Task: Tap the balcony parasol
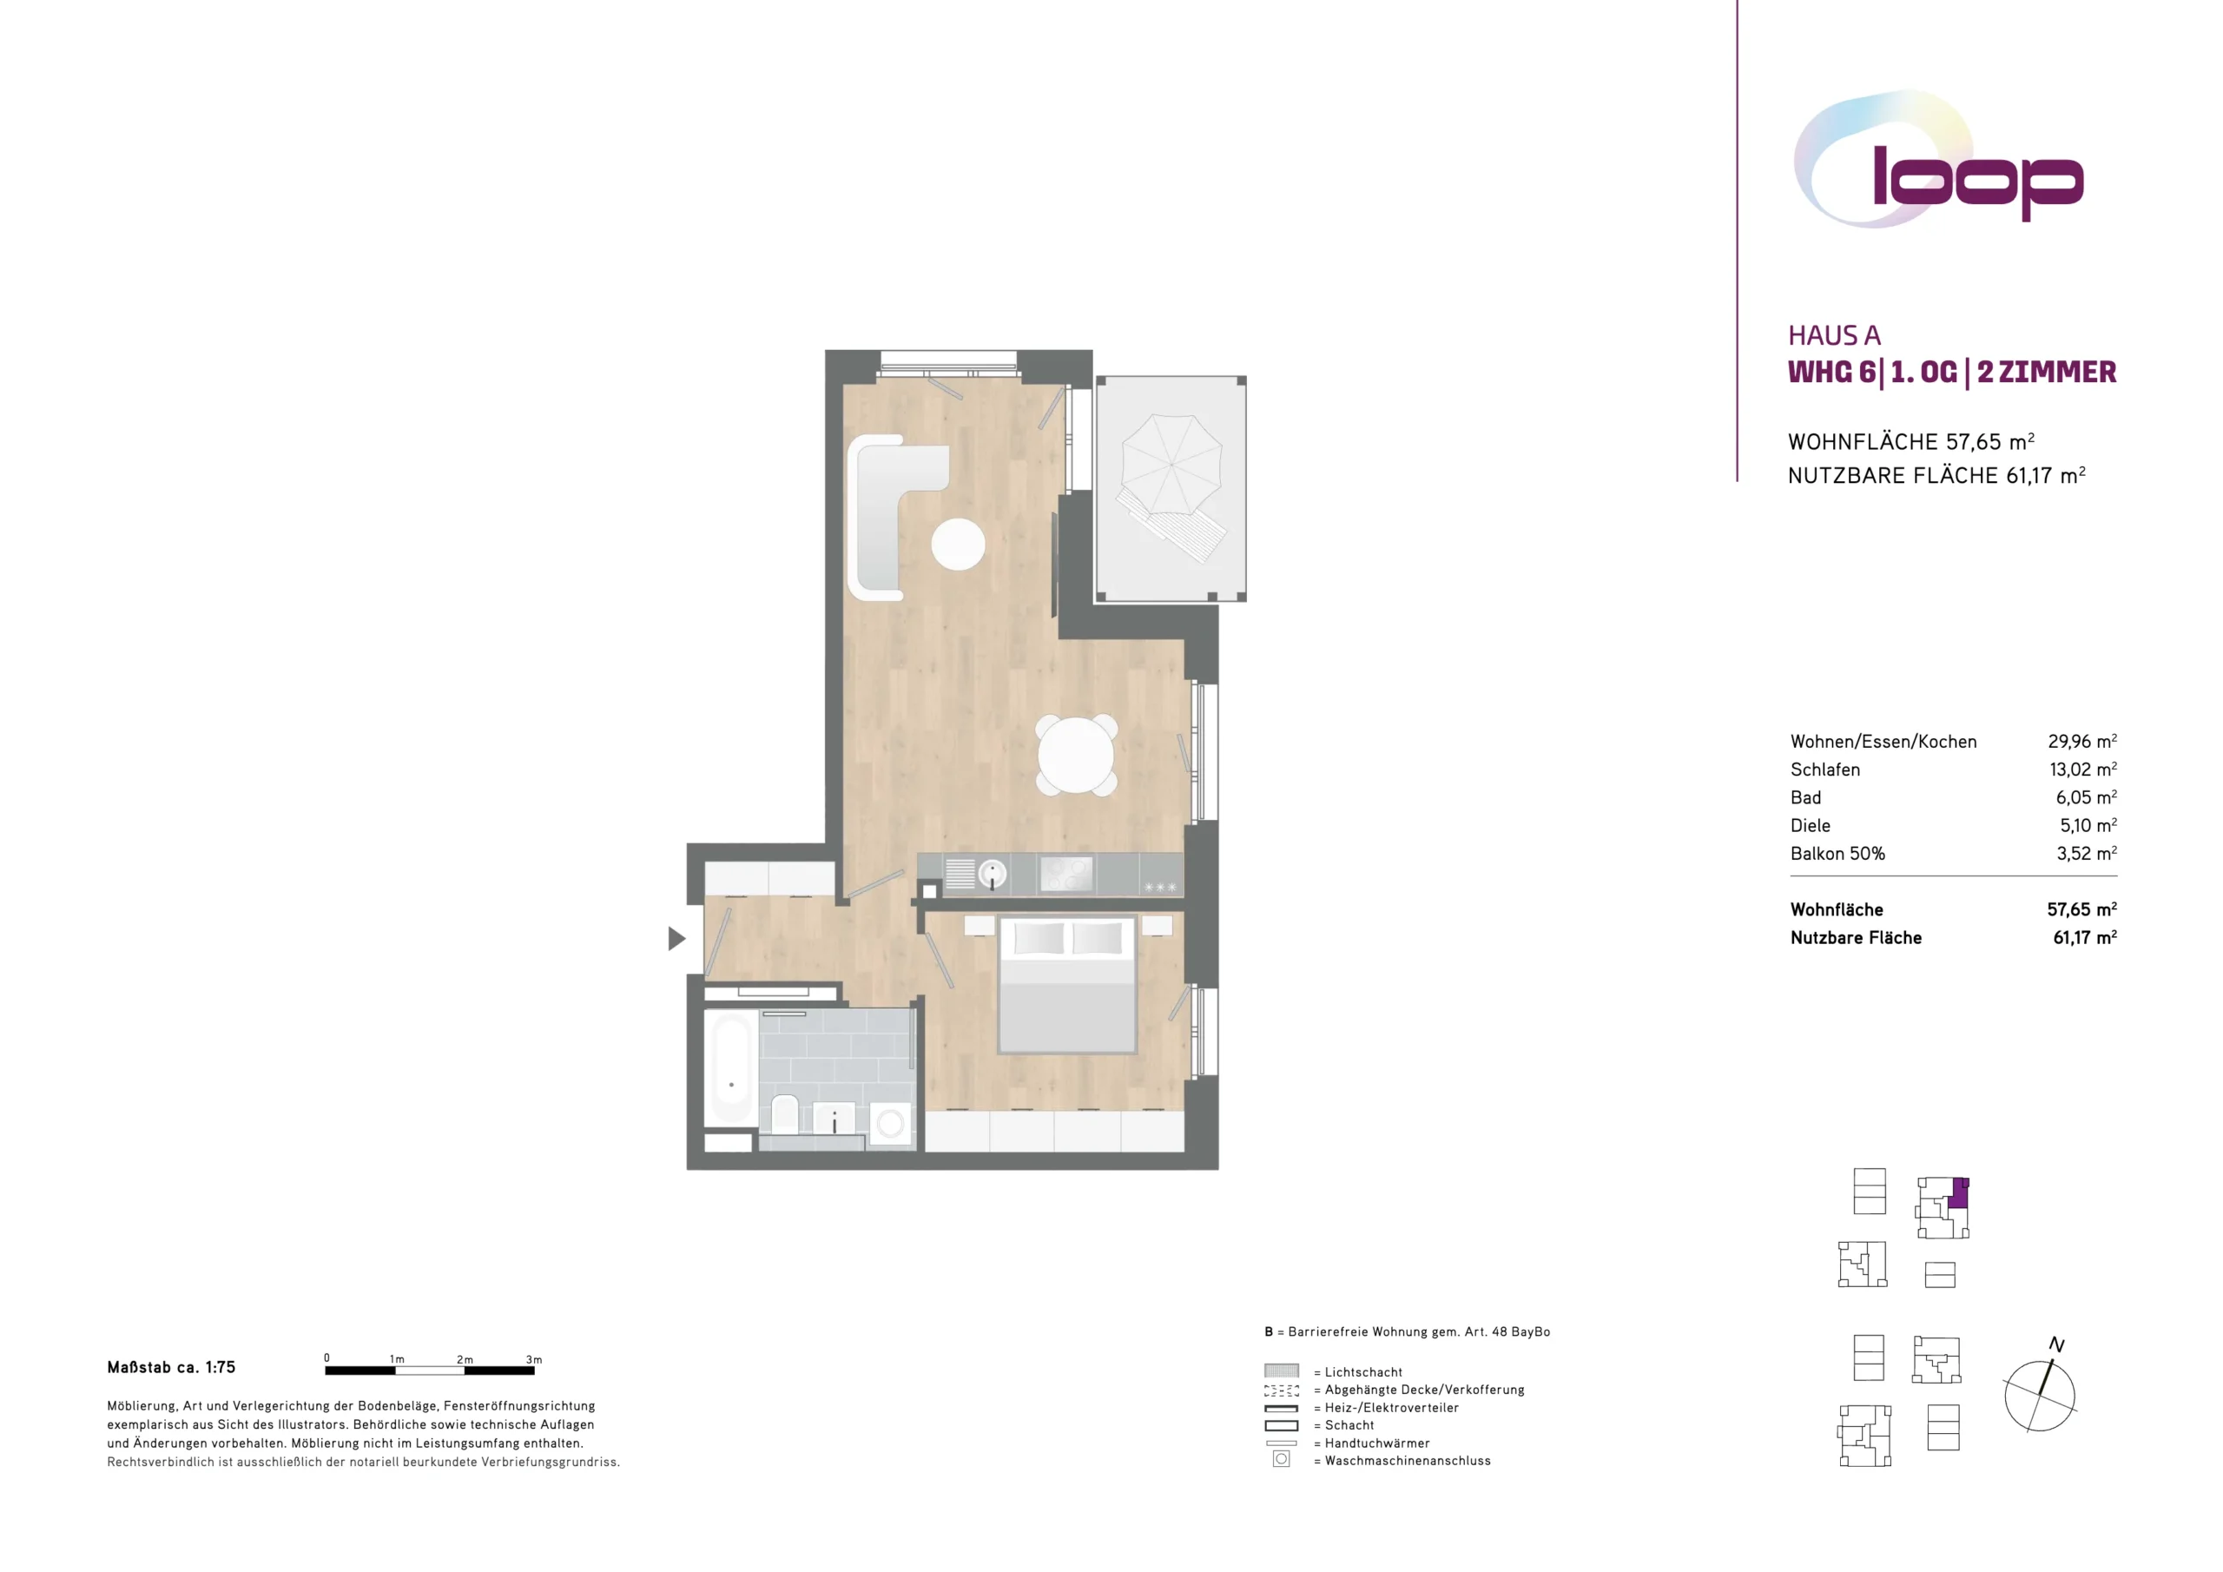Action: coord(1171,465)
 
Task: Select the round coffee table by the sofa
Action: coord(958,545)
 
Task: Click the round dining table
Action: coord(1076,756)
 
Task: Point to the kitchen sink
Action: coord(992,874)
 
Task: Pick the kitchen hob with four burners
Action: coord(1066,874)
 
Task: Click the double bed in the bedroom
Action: coord(1067,984)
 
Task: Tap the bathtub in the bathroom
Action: coord(731,1067)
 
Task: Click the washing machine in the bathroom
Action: coord(890,1124)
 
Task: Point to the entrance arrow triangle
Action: coord(676,938)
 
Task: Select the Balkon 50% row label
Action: coord(1837,854)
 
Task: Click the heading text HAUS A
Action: coord(1834,335)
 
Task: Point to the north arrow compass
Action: coord(2040,1388)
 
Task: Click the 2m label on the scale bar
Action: coord(465,1360)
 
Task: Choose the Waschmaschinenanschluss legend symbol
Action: coord(1281,1459)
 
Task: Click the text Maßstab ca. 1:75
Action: coord(171,1368)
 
